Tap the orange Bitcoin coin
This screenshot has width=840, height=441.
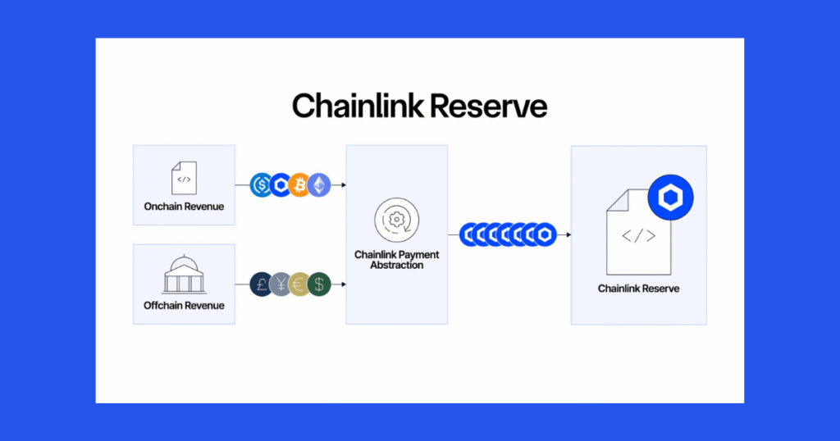tap(299, 185)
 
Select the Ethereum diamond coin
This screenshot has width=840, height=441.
tap(318, 185)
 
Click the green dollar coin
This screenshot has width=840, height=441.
tap(318, 284)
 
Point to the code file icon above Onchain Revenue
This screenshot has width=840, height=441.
tap(184, 177)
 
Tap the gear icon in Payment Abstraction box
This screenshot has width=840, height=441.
tap(396, 220)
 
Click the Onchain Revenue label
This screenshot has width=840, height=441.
tap(184, 207)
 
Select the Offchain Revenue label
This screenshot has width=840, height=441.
tap(184, 306)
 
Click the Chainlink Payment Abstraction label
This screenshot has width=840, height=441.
tap(397, 260)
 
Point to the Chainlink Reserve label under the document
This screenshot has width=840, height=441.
tap(638, 289)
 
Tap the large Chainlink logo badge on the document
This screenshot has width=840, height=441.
tap(670, 198)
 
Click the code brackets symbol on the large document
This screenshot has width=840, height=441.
tap(638, 236)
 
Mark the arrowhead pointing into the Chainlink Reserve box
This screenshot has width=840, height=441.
tap(568, 235)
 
